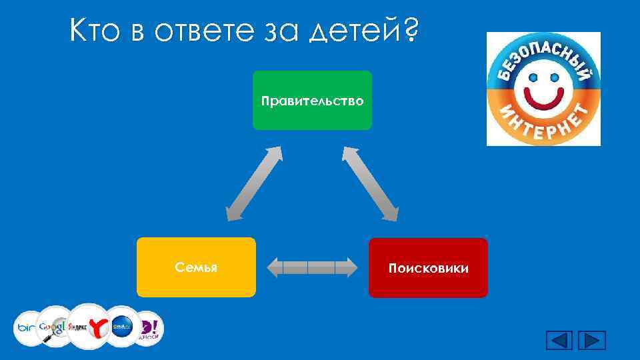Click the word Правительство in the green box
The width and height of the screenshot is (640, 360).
pos(312,101)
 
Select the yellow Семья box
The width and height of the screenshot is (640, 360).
pos(196,267)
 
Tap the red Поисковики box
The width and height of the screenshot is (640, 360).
pos(428,268)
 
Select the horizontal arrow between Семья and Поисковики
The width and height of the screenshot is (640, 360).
pos(312,268)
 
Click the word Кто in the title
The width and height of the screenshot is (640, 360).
pos(95,31)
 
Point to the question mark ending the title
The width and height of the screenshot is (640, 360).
pos(411,30)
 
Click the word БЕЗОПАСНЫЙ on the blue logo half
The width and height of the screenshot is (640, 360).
pos(543,53)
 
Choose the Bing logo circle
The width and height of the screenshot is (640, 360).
pos(28,327)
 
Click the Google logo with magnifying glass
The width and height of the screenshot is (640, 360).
pos(53,326)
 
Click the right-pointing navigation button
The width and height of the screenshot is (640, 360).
pos(591,340)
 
